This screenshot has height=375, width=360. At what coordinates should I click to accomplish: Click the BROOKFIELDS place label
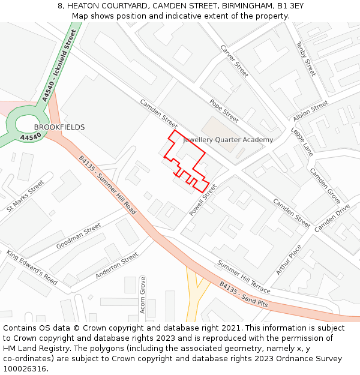pyautogui.click(x=59, y=127)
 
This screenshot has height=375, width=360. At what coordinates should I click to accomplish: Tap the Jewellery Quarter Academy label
pyautogui.click(x=228, y=140)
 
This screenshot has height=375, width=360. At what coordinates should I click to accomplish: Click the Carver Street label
pyautogui.click(x=234, y=61)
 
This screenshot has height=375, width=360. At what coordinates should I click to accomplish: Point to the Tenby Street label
pyautogui.click(x=306, y=59)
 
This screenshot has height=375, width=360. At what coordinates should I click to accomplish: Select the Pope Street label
pyautogui.click(x=224, y=111)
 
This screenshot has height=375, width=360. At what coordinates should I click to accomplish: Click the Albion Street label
pyautogui.click(x=310, y=109)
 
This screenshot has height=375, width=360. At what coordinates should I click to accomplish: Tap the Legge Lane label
pyautogui.click(x=302, y=142)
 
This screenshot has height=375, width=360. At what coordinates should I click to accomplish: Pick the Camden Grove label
pyautogui.click(x=325, y=184)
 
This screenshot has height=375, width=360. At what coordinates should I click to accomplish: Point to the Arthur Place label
pyautogui.click(x=289, y=260)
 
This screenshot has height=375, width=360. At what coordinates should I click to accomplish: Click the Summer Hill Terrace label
pyautogui.click(x=244, y=277)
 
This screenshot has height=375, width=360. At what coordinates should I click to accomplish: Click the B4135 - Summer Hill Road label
pyautogui.click(x=107, y=185)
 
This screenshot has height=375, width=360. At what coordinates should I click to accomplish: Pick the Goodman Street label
pyautogui.click(x=79, y=236)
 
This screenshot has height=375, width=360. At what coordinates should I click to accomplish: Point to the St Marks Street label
pyautogui.click(x=26, y=196)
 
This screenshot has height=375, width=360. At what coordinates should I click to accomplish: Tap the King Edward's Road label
pyautogui.click(x=32, y=267)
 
